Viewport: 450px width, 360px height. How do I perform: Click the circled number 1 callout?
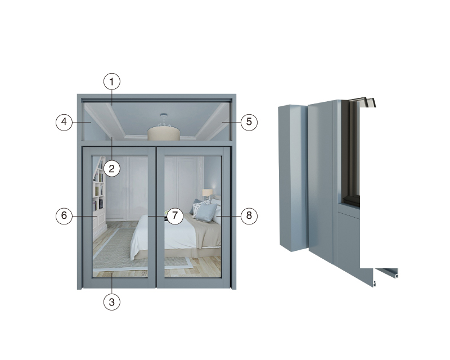coord(111,82)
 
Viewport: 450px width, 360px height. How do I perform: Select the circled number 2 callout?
coord(111,168)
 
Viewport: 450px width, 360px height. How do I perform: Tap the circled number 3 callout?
coord(111,302)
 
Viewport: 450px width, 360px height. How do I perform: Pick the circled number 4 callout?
coord(64,122)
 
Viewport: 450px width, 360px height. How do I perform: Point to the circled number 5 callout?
coord(249,122)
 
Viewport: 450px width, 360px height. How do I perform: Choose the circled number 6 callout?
coord(64,215)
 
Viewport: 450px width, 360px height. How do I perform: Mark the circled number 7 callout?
coord(175,215)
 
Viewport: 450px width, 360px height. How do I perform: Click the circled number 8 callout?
coord(249,215)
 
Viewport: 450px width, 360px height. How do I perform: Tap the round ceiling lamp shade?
coord(164,134)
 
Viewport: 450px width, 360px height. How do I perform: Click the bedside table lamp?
coord(208,194)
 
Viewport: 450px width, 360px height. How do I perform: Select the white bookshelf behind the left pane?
coord(98,190)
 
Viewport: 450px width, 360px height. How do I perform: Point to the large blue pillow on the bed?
coord(206,213)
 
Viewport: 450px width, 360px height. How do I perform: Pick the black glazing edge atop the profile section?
coord(362,102)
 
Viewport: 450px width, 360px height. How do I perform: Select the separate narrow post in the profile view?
coord(292,178)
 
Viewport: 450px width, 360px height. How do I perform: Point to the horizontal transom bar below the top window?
coord(157,143)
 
